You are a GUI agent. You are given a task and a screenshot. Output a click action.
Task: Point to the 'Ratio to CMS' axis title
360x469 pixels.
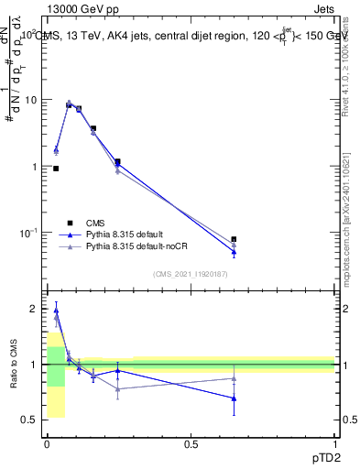click(14, 364)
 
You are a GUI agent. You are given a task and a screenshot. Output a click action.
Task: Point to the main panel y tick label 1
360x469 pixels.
click(34, 167)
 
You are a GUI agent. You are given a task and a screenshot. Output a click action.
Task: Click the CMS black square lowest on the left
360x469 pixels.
click(56, 169)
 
